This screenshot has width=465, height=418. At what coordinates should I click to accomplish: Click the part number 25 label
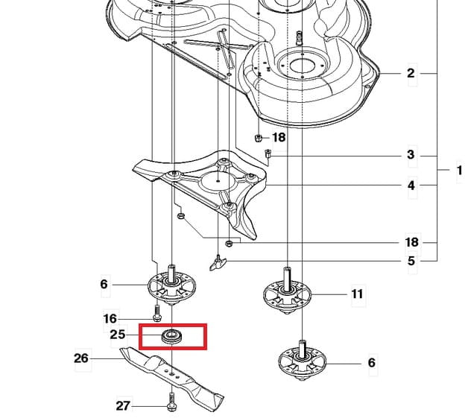click(118, 335)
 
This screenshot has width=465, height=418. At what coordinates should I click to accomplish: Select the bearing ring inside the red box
click(171, 336)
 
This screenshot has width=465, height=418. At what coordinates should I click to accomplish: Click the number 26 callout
click(81, 358)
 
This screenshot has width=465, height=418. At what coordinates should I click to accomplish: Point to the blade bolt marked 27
click(171, 402)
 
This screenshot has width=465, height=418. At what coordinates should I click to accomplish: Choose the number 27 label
click(123, 406)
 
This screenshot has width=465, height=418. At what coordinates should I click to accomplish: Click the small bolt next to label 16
click(157, 314)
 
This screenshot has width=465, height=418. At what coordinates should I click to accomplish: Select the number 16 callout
click(110, 319)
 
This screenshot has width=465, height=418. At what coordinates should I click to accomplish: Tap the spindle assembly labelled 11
click(287, 291)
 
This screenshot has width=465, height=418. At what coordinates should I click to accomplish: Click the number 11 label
click(357, 294)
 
